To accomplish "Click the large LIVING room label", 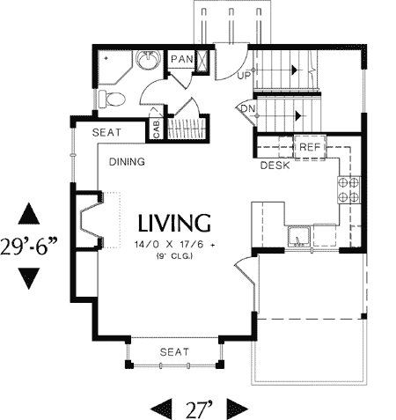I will pyautogui.click(x=172, y=222).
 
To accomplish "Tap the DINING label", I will pyautogui.click(x=127, y=163).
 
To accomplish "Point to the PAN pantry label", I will pyautogui.click(x=181, y=60).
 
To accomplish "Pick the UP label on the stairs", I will pyautogui.click(x=246, y=75).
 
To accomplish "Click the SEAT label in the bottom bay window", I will pyautogui.click(x=173, y=352).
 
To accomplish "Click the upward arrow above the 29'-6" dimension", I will pyautogui.click(x=30, y=214).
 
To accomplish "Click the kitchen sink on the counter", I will pyautogui.click(x=299, y=235).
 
